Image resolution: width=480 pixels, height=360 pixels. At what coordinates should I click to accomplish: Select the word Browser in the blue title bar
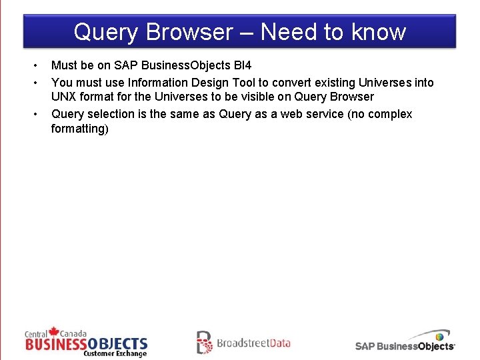pos(188,32)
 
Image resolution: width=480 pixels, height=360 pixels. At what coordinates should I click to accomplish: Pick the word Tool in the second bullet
pos(243,83)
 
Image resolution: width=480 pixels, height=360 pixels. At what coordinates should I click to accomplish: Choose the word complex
pos(389,114)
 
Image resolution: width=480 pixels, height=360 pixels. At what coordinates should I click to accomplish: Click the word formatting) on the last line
pos(79,128)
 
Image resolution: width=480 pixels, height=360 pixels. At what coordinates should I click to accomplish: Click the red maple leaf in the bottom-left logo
pos(54,331)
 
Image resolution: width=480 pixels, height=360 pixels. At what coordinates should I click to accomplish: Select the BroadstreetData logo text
pos(253,343)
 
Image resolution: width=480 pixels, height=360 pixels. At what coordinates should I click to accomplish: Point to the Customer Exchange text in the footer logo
pos(115,353)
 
